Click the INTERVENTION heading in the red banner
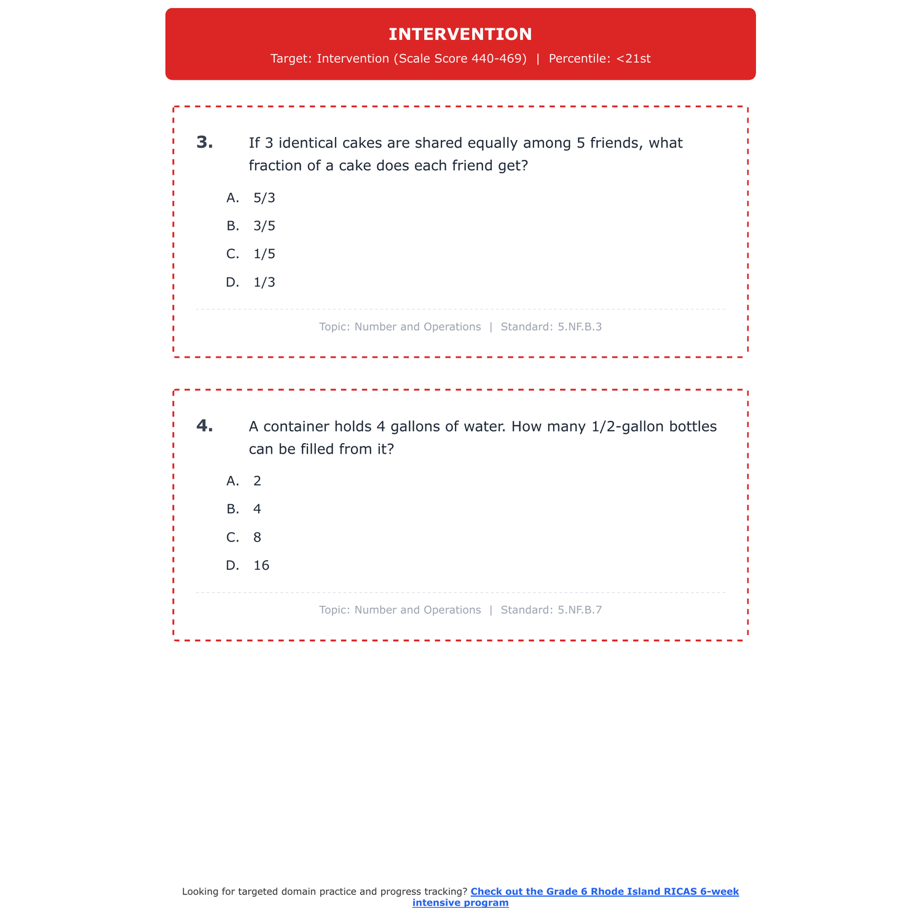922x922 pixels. coord(460,34)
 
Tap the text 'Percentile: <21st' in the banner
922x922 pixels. coord(599,59)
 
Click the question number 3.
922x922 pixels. coord(205,143)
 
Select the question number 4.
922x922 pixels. coord(205,426)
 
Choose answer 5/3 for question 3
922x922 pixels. coord(264,198)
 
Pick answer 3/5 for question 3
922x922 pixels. coord(264,226)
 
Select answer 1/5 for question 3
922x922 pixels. coord(264,254)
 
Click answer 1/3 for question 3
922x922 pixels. coord(264,283)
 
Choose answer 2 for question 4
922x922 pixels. coord(257,481)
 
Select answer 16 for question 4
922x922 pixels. coord(261,566)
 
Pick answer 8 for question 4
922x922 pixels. coord(257,538)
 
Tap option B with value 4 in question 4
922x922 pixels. coord(257,510)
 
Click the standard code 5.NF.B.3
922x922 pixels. coord(580,327)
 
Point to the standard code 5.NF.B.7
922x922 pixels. coord(580,610)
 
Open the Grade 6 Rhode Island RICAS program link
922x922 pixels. coord(604,892)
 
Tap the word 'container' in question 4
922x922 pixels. coord(296,427)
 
